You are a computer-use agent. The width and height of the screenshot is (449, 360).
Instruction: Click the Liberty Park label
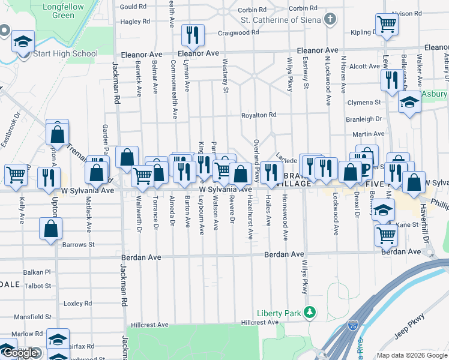coord(277,313)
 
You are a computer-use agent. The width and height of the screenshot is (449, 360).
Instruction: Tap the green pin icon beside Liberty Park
coord(309,312)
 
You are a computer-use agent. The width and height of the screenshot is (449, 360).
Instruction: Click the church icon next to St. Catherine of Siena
coord(329,19)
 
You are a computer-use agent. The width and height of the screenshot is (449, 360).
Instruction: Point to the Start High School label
coord(66,54)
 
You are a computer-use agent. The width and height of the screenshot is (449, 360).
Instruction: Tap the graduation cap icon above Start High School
coord(23,42)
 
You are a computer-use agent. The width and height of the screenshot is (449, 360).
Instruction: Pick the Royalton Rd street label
coord(259,115)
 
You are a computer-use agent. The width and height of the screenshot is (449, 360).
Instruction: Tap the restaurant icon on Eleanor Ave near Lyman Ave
coord(193,35)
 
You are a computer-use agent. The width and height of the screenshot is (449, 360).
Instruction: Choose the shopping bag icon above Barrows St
coord(51,228)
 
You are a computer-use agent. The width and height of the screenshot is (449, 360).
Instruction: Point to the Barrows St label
coord(78,245)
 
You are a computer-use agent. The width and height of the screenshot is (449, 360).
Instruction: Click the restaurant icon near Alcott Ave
coord(391,79)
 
